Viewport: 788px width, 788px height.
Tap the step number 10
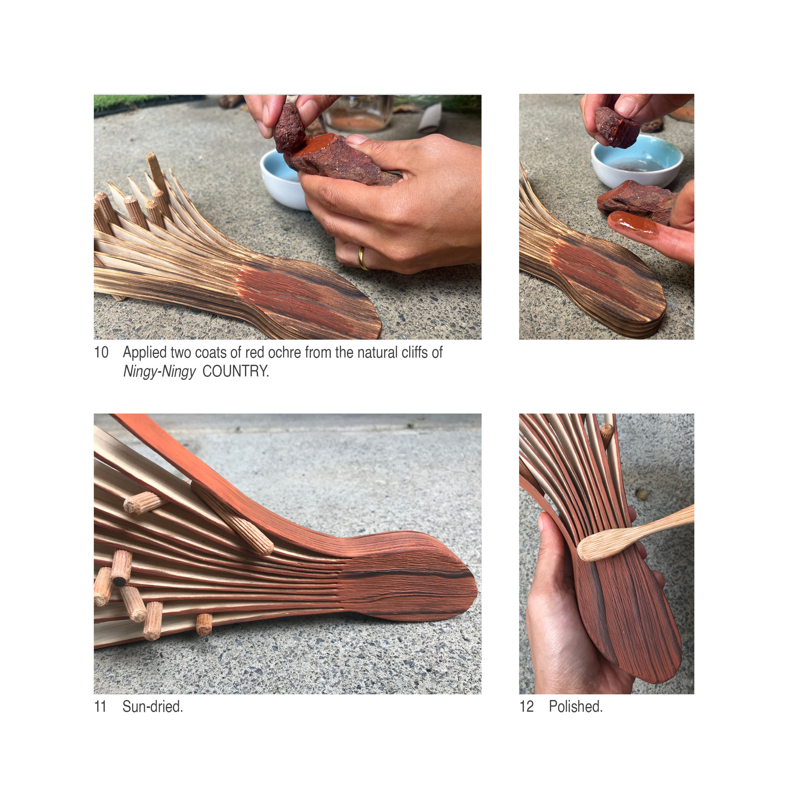(x=102, y=353)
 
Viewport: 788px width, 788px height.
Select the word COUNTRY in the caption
(x=236, y=371)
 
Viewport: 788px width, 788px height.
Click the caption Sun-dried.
(x=153, y=707)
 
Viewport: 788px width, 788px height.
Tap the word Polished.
(x=575, y=707)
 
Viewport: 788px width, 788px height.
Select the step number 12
(x=526, y=707)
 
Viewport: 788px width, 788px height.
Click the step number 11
(x=100, y=707)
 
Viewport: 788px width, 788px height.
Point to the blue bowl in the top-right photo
(x=636, y=161)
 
